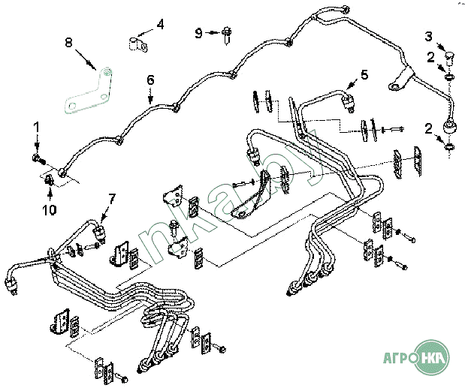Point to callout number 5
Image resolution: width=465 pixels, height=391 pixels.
click(365, 74)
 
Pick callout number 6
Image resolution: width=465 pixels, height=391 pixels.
click(149, 79)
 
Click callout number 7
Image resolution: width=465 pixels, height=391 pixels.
click(113, 199)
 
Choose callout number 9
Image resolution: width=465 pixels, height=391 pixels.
click(199, 32)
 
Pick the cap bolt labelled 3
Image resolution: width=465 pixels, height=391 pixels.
click(450, 54)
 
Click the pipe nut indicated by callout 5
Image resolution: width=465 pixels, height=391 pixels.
click(349, 102)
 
